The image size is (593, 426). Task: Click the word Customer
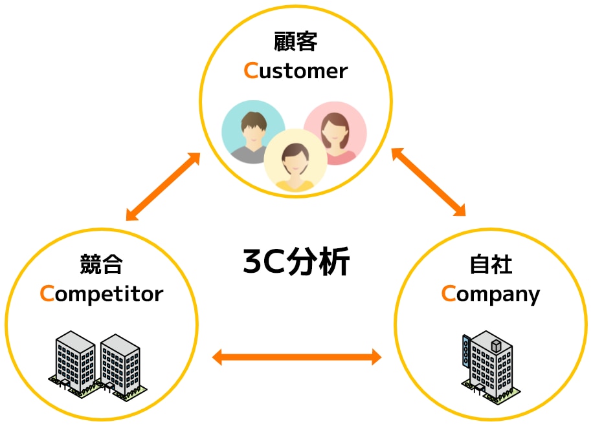click(296, 70)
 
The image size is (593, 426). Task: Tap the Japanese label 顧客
click(296, 43)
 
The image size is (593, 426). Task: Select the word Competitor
click(102, 294)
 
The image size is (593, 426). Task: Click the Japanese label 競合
click(102, 264)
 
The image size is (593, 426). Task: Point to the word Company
click(491, 294)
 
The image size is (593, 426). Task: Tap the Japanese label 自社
click(491, 264)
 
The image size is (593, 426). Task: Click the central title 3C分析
click(296, 262)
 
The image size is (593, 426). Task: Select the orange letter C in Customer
click(251, 70)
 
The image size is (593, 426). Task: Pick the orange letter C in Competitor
click(47, 294)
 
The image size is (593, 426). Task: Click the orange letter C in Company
click(449, 294)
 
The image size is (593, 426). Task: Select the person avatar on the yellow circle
click(295, 162)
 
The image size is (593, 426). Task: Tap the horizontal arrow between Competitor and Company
click(296, 356)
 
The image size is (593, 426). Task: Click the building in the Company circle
click(490, 365)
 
